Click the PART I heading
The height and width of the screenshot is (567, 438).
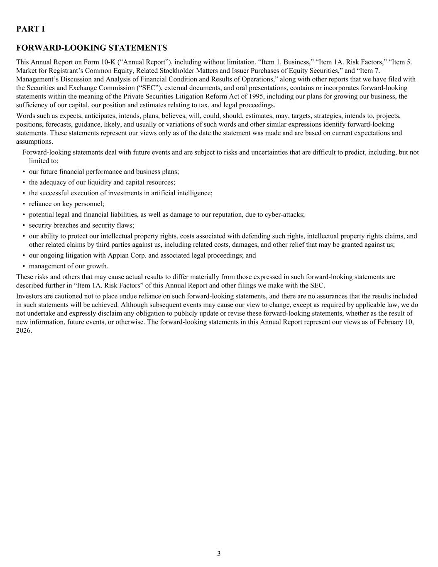click(x=31, y=29)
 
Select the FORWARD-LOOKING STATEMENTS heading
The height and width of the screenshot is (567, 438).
click(x=91, y=48)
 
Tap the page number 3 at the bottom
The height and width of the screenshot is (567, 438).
click(x=219, y=553)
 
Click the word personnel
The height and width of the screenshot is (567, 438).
click(x=89, y=204)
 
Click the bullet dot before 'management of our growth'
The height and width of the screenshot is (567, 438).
click(x=24, y=266)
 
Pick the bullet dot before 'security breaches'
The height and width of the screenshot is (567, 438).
click(x=24, y=226)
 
